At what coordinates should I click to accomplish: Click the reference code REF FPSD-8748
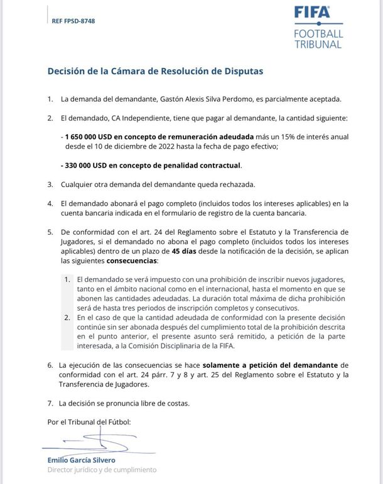73,21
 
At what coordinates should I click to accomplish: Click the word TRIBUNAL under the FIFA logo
318,45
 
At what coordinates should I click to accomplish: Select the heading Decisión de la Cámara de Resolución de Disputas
155,71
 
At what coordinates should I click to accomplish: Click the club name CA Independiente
139,118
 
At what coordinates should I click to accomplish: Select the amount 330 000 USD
88,166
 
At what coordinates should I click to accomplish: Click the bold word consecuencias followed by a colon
132,261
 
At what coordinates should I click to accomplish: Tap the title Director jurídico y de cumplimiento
102,470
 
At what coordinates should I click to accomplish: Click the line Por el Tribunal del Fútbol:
89,422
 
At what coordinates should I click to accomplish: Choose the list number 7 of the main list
50,403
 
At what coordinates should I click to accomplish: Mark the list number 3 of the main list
50,185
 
